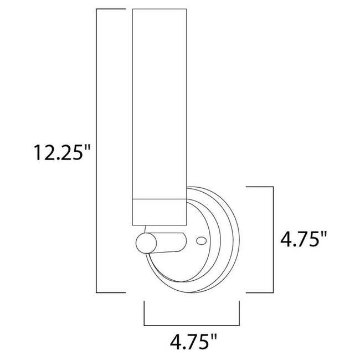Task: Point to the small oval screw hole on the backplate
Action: (x=202, y=241)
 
